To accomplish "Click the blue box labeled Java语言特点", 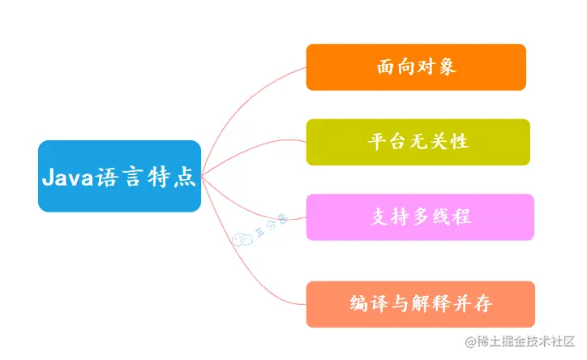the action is pos(119,176).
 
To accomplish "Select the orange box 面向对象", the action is pos(416,67).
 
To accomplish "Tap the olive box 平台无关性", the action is pos(418,142).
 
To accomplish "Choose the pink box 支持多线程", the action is pos(420,217).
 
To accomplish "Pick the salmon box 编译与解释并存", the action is pos(421,304).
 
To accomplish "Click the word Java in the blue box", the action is pos(67,177).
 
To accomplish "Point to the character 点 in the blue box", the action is pos(185,177).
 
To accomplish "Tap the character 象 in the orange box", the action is pos(447,67).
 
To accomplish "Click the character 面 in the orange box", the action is pos(386,67).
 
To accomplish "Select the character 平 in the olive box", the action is pos(377,142).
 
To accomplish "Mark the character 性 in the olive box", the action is pos(460,142).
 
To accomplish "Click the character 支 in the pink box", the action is pos(380,217).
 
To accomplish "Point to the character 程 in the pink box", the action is pos(461,217).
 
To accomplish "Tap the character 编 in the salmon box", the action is pos(358,303).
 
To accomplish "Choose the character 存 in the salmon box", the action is pos(482,303).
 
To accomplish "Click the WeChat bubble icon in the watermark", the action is pos(242,239).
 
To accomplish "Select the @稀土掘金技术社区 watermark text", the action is pos(520,341).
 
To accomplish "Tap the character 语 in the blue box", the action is pos(106,177).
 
